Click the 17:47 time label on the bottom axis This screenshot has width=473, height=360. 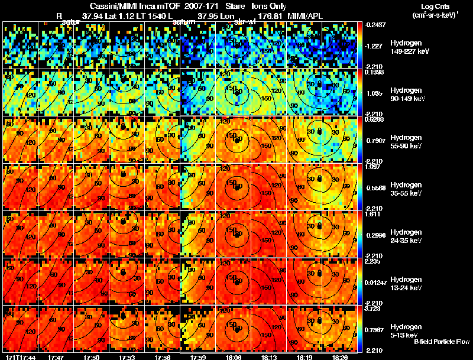click(x=56, y=357)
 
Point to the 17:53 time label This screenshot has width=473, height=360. click(x=127, y=357)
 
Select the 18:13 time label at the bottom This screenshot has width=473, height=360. click(x=270, y=357)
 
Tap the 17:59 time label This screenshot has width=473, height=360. click(x=198, y=357)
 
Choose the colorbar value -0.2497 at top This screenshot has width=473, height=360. click(x=377, y=25)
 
